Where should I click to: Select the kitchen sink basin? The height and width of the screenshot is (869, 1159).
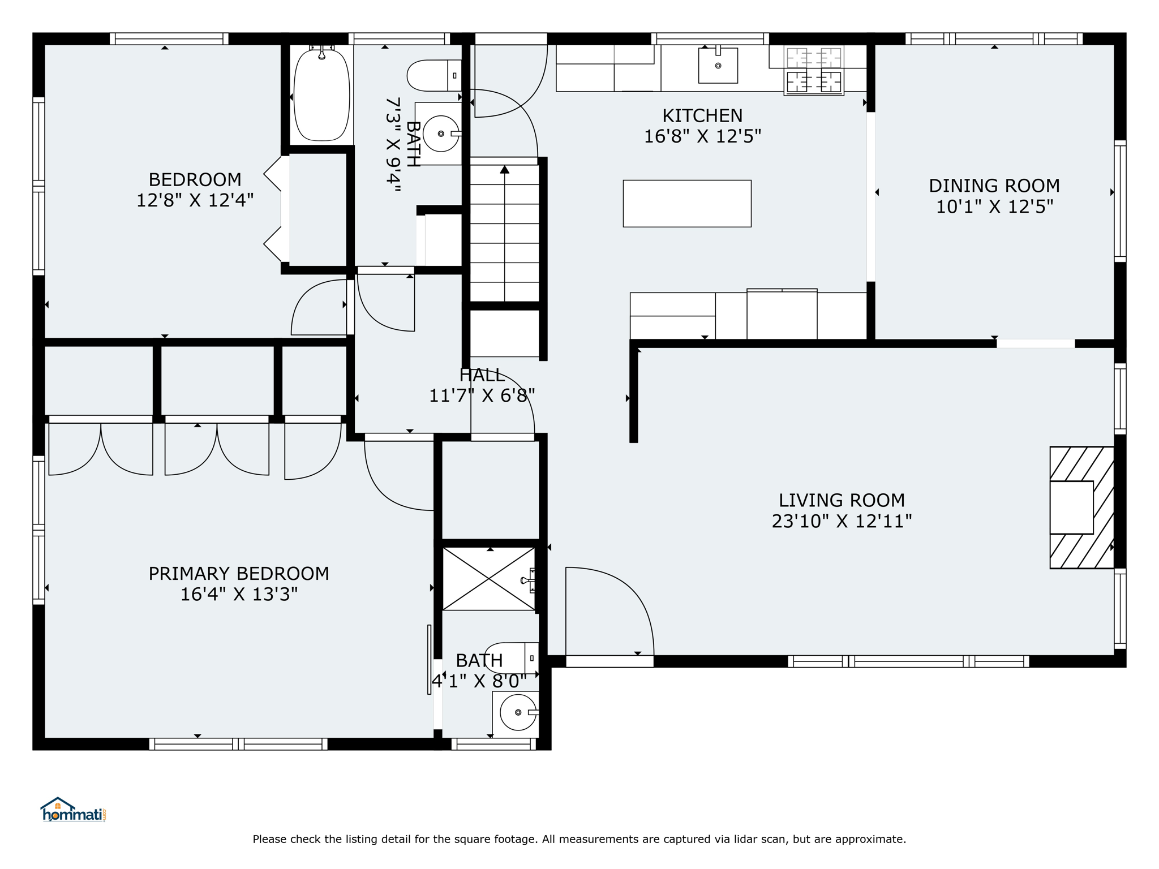(718, 66)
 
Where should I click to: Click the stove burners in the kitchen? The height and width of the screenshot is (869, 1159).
(814, 70)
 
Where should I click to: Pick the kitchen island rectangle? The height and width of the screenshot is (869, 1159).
(687, 204)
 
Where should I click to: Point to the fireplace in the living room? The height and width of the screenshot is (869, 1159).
(1082, 507)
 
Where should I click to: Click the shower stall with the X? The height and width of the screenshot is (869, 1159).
(488, 579)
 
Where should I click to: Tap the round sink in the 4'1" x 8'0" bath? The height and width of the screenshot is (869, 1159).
(518, 712)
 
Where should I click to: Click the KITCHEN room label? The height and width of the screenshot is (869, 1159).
(702, 115)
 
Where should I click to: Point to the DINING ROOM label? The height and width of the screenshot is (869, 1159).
(994, 186)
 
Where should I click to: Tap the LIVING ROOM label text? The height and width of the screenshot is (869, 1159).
(842, 500)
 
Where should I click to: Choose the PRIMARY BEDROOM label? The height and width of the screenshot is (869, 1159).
(239, 574)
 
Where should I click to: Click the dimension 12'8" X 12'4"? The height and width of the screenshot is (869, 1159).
(195, 200)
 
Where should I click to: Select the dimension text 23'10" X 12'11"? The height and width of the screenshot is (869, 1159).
(842, 521)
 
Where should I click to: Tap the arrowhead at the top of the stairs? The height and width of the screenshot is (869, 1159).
(505, 169)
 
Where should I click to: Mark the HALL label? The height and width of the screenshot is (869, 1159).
(482, 375)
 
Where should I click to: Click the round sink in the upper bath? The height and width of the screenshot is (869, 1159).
(441, 134)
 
